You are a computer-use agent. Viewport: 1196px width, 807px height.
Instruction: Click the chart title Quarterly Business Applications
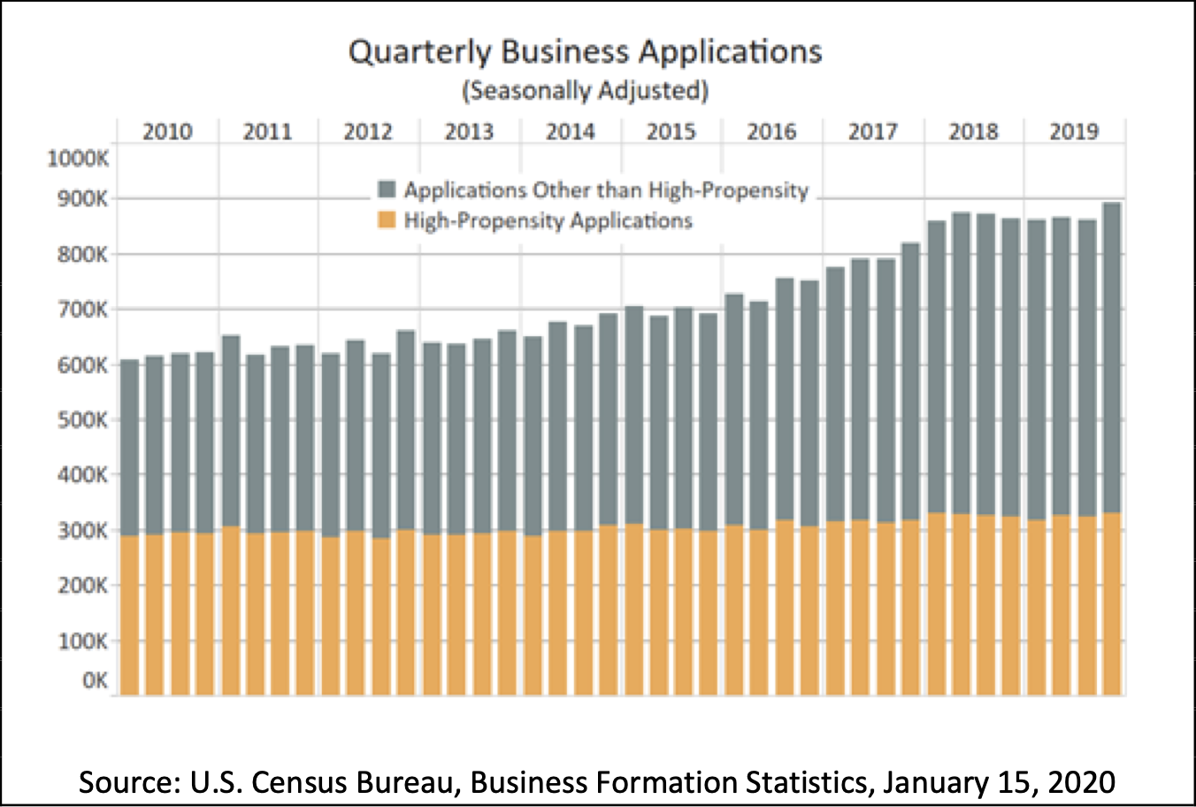coord(585,51)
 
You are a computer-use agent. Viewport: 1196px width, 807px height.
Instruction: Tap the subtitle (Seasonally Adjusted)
coord(585,90)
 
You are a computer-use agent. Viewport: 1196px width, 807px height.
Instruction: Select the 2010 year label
coord(167,132)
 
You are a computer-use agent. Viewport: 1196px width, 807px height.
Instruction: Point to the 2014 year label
coord(571,132)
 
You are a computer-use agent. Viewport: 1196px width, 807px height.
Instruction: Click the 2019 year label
coord(1074,132)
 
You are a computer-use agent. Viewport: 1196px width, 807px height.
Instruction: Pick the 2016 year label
coord(771,132)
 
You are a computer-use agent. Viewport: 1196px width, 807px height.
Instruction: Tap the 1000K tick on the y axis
coord(78,159)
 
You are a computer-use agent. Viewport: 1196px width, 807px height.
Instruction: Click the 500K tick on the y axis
coord(82,419)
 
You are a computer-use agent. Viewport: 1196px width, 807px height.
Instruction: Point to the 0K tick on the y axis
coord(95,681)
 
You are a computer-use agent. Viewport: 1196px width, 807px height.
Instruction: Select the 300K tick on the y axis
coord(82,530)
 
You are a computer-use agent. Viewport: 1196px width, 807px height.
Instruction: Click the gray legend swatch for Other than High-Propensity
coord(387,190)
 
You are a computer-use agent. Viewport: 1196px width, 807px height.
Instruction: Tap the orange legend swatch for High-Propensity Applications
coord(387,220)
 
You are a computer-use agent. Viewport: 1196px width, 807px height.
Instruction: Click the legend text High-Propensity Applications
coord(548,220)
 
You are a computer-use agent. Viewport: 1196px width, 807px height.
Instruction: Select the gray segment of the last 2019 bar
coord(1112,354)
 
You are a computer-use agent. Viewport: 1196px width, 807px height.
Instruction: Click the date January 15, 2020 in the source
coord(999,782)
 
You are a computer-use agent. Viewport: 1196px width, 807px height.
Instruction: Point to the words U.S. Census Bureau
coord(313,782)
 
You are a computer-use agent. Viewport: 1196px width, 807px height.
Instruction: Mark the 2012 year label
coord(368,132)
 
